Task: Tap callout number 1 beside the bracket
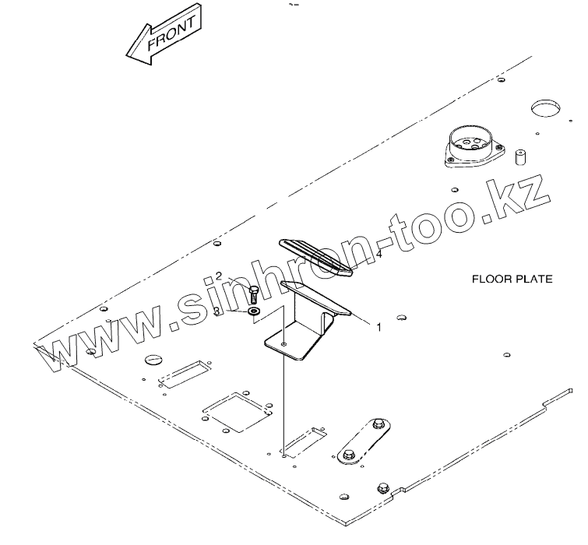[x=379, y=328]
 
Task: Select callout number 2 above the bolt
[x=219, y=276]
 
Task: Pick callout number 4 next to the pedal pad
[x=379, y=254]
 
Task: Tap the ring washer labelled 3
[x=253, y=312]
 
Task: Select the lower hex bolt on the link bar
[x=348, y=452]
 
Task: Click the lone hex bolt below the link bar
[x=381, y=488]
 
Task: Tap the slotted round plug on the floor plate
[x=153, y=359]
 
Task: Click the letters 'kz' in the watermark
[x=523, y=195]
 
